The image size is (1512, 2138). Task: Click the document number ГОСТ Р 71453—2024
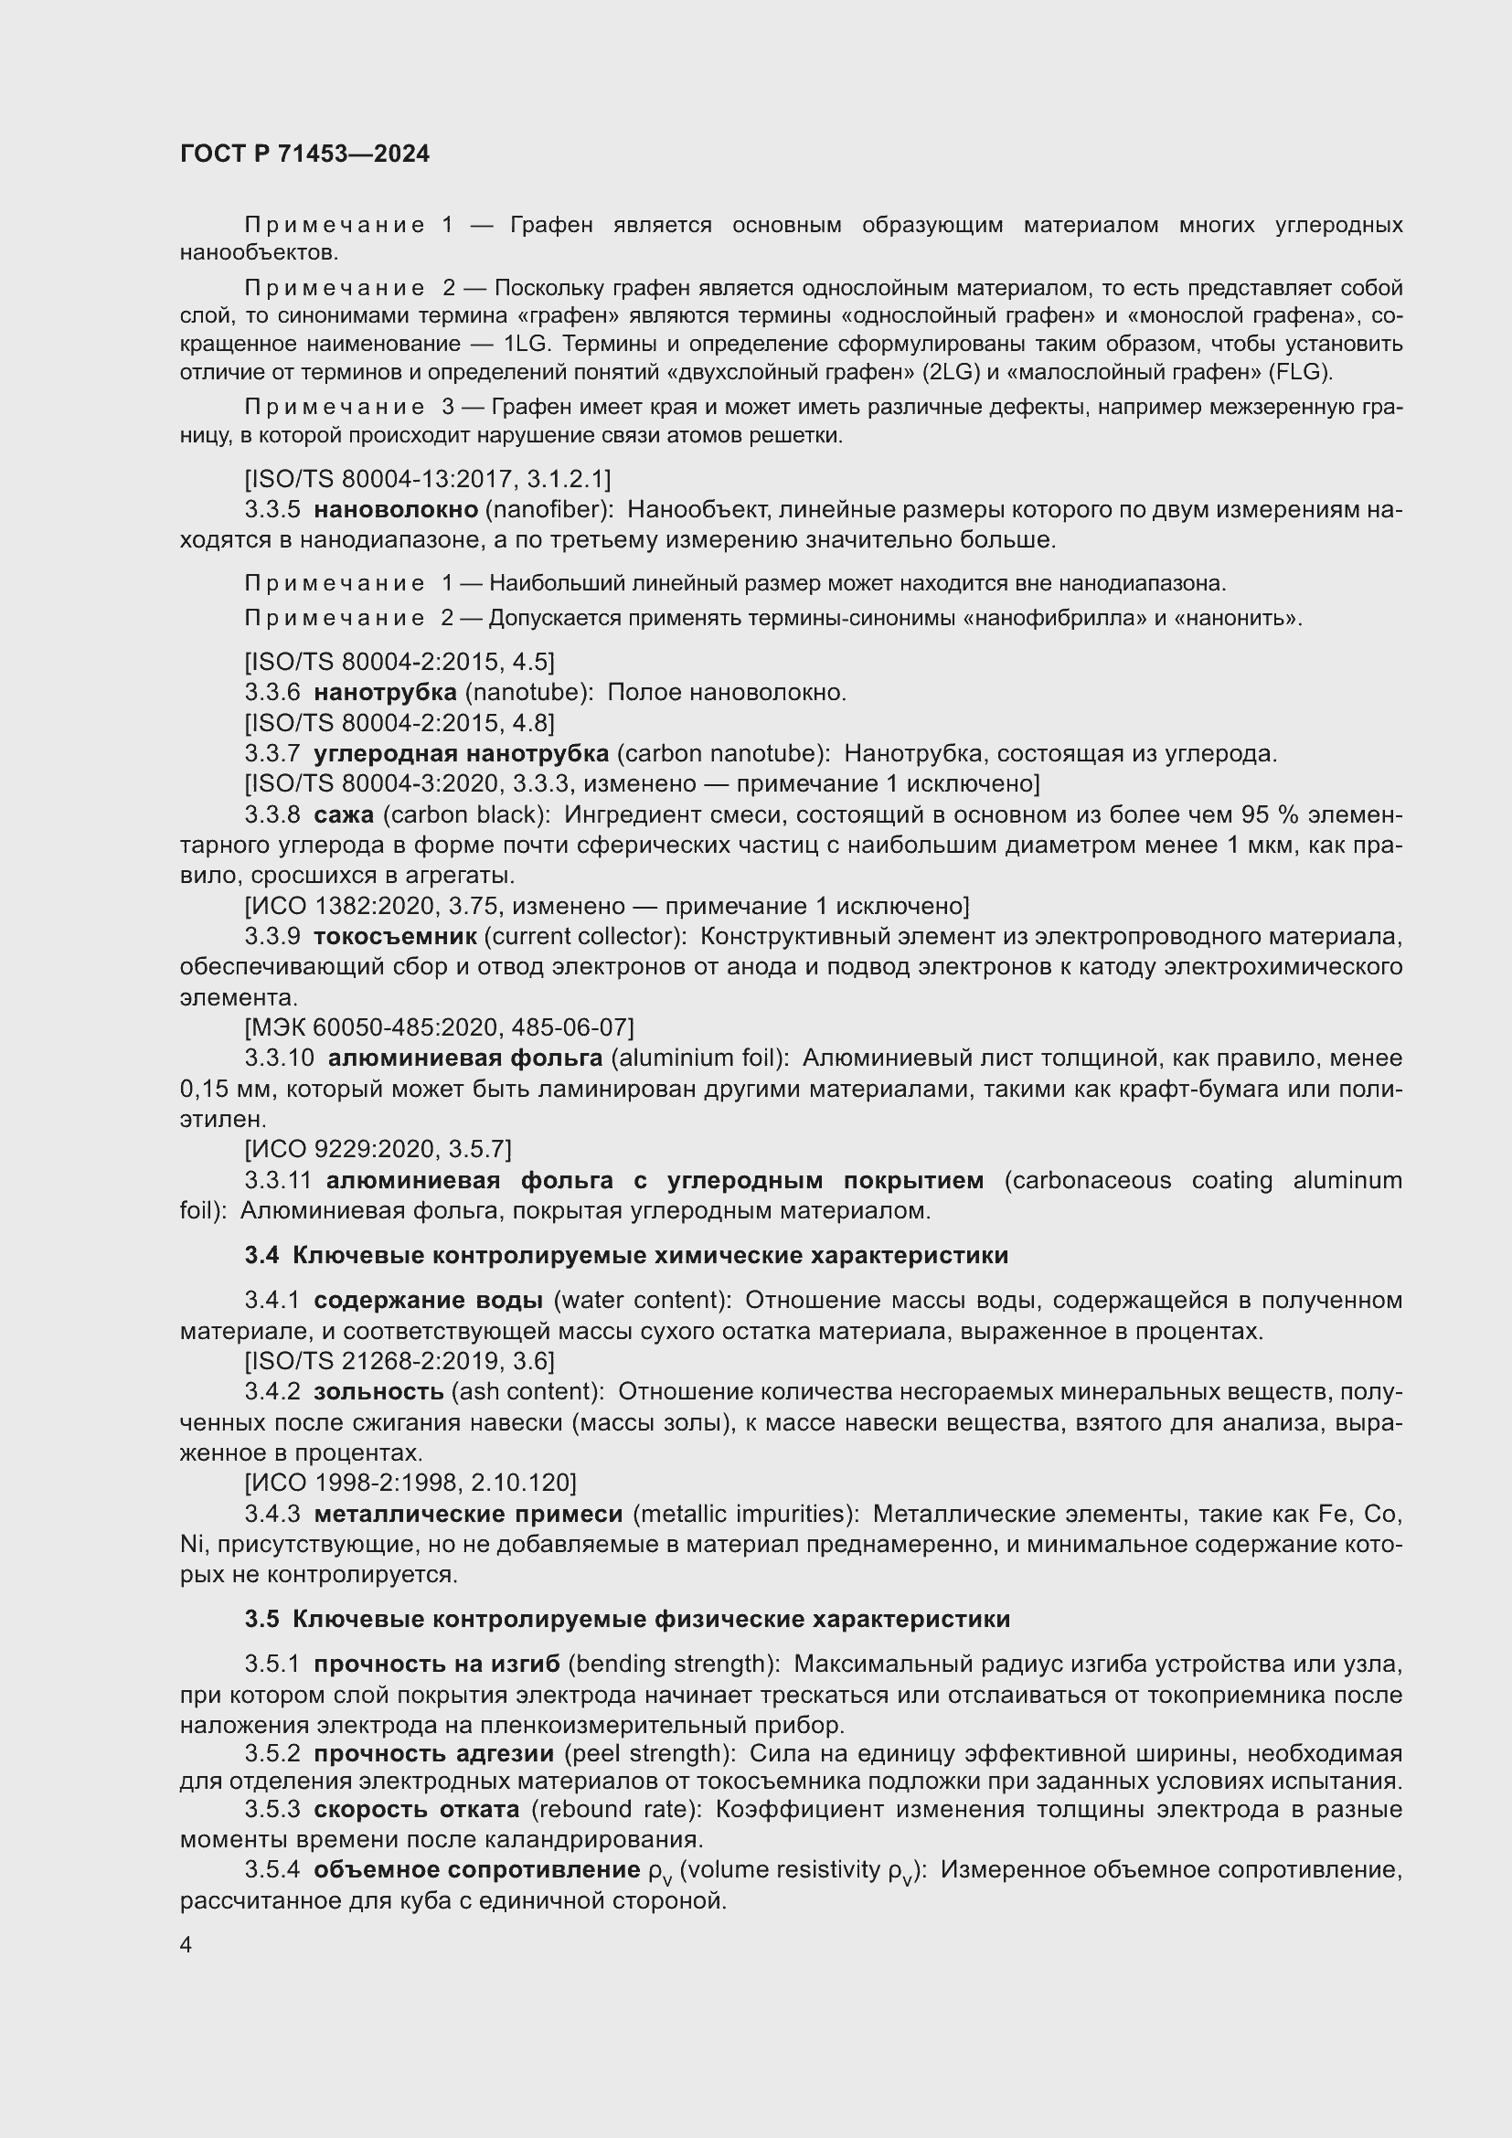click(304, 154)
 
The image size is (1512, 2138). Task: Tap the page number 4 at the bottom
click(186, 1945)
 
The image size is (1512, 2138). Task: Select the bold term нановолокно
click(396, 509)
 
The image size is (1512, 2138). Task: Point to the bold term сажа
click(344, 814)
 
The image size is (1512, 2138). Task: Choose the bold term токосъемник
click(395, 936)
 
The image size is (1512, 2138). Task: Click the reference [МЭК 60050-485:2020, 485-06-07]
click(439, 1027)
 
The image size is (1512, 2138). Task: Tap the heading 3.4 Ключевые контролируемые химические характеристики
click(626, 1255)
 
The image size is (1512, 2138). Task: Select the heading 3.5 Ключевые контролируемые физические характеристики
click(627, 1620)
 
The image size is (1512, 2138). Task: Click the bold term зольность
click(378, 1391)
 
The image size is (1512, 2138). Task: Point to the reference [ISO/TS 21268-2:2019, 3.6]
click(399, 1361)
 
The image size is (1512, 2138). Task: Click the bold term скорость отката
click(416, 1809)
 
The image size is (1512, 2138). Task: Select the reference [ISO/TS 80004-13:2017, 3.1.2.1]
click(427, 479)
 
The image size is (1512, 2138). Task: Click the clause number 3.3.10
click(281, 1058)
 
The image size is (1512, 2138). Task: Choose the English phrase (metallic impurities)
click(745, 1514)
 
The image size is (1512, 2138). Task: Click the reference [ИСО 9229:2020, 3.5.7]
click(378, 1149)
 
